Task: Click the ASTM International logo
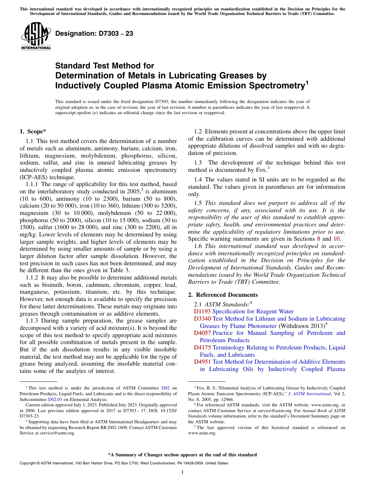coord(36,36)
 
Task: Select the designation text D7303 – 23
coord(95,33)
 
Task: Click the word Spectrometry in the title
coord(265,85)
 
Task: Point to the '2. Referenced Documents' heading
coord(223,295)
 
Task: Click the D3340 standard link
coord(202,319)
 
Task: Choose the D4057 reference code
coord(202,333)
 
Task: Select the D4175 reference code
coord(202,348)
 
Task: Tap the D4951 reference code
coord(202,362)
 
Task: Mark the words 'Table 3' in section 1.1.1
coord(119,270)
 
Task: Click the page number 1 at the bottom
coord(182,472)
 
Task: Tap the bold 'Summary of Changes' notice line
coord(182,455)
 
